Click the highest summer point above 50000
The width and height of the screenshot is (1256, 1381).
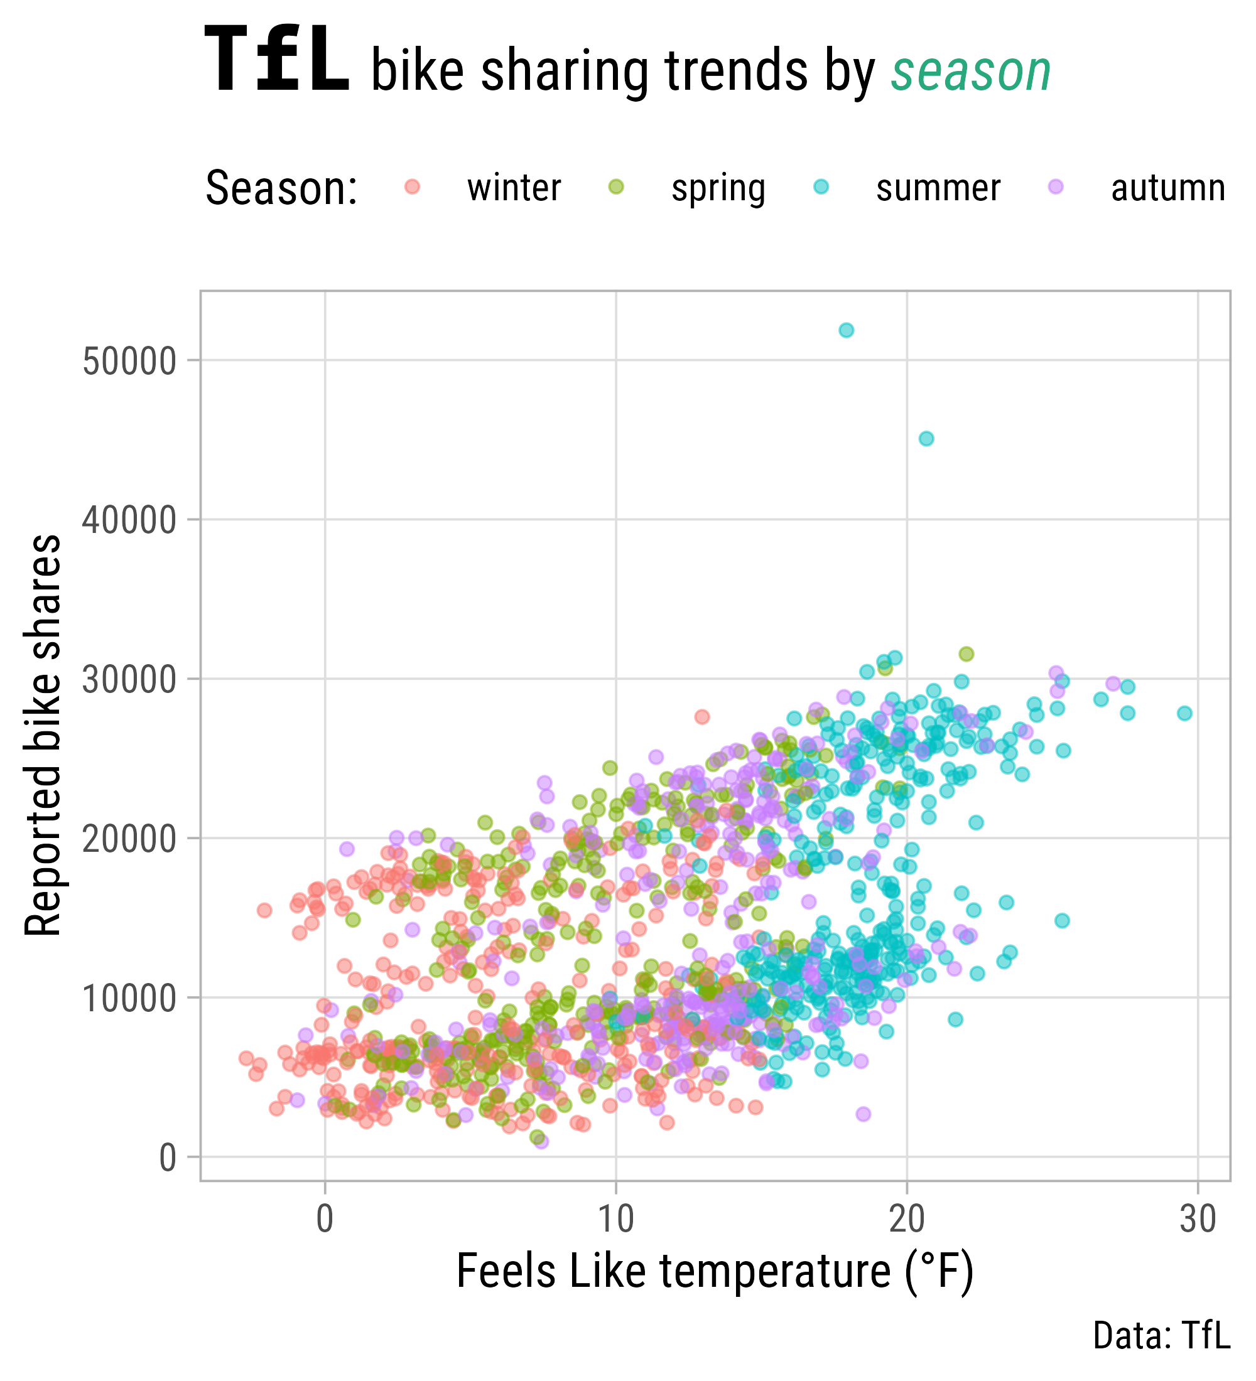[x=847, y=330]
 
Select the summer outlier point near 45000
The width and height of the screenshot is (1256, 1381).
[x=926, y=438]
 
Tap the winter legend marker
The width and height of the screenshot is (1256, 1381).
[x=412, y=186]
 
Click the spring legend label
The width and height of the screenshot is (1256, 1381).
[x=717, y=188]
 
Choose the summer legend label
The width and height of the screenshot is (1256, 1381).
[x=938, y=188]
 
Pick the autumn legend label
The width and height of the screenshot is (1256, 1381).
[x=1167, y=188]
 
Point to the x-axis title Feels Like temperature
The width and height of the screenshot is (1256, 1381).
[x=715, y=1271]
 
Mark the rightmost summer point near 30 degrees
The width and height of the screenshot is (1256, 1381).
[x=1184, y=713]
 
